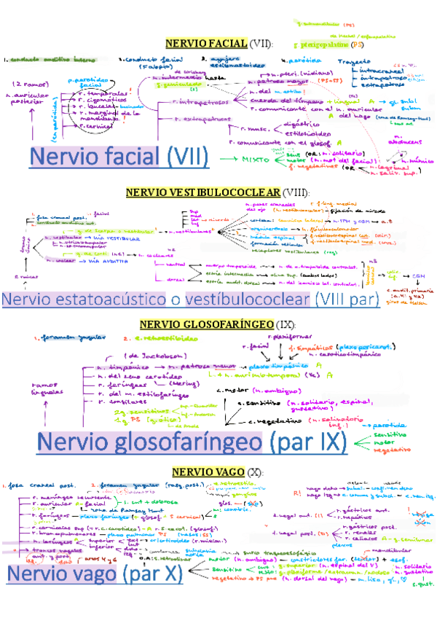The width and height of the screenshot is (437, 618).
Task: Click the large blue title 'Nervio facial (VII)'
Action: (x=119, y=157)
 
